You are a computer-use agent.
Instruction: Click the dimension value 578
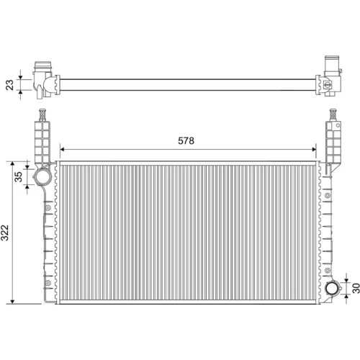tap(186, 140)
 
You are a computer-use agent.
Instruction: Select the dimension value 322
tap(5, 233)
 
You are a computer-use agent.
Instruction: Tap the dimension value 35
tap(19, 176)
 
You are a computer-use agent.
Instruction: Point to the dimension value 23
tap(10, 85)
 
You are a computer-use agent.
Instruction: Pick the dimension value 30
tap(356, 288)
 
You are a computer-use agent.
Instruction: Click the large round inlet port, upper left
tap(42, 176)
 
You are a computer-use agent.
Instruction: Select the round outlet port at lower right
tap(333, 288)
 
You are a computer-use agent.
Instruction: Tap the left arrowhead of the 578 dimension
tap(62, 149)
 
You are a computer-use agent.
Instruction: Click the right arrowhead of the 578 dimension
tap(314, 149)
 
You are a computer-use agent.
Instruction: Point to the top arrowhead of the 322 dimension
tap(13, 163)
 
